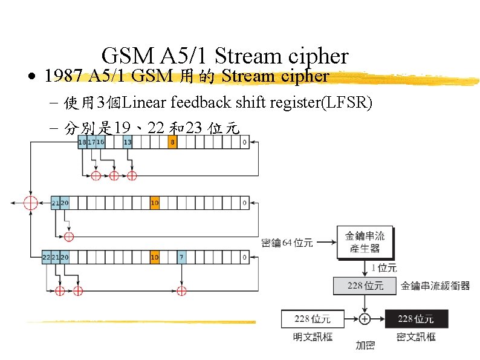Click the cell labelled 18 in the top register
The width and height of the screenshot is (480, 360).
pos(82,142)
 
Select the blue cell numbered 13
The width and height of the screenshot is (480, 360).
pos(128,142)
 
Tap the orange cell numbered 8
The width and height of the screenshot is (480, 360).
pos(173,142)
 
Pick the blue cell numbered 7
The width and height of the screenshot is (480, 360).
pos(181,257)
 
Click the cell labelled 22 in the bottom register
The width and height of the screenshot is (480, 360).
pos(47,257)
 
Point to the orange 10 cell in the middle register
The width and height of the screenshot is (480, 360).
pos(155,203)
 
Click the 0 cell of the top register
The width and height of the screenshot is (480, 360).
pos(245,142)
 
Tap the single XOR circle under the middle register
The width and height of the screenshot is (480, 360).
pos(68,236)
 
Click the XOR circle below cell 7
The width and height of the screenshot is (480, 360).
pos(181,291)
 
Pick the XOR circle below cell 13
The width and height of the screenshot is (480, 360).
pos(132,176)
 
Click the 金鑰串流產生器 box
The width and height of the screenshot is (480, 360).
pos(365,243)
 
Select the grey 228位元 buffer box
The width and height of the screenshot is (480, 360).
pos(365,286)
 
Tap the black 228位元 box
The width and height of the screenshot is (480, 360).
pos(416,318)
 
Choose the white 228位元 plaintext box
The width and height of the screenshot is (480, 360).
pos(313,318)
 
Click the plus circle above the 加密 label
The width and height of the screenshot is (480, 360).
pos(365,318)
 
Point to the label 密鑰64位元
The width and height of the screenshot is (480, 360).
pos(287,243)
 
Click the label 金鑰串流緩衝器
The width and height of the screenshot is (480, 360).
pos(435,286)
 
